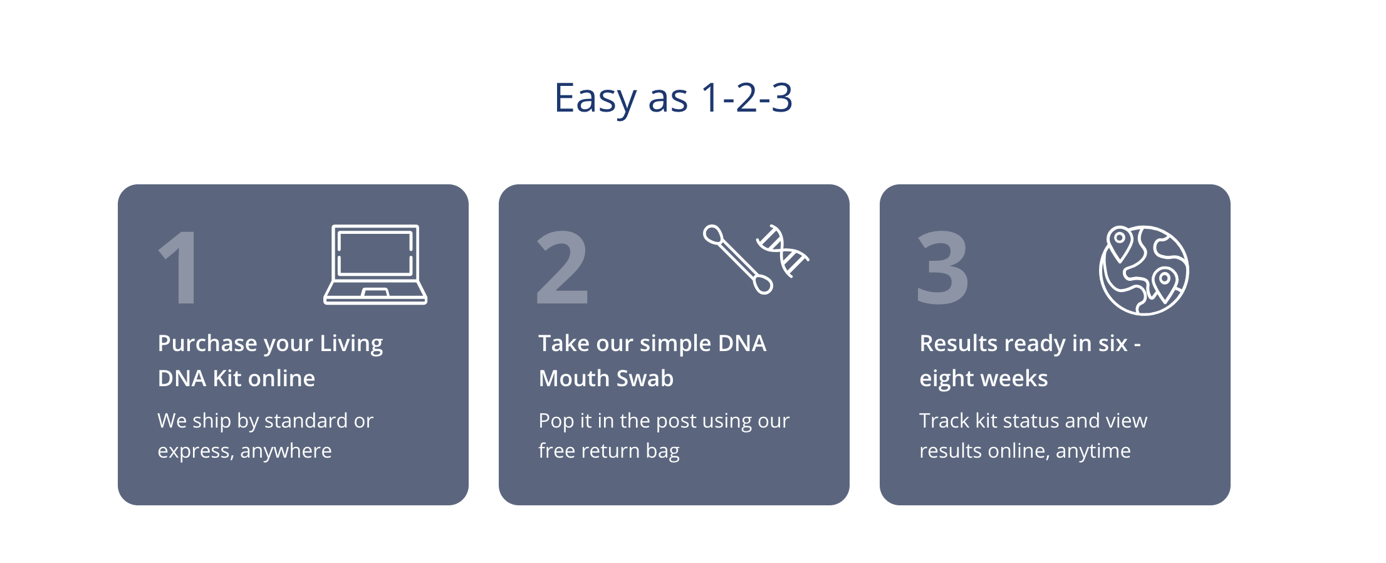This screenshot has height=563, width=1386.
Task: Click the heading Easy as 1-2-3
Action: tap(674, 98)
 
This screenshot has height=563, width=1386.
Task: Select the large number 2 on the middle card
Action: tap(563, 268)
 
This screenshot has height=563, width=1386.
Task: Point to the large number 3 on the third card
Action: tap(943, 268)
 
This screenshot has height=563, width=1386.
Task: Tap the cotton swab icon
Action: tap(738, 259)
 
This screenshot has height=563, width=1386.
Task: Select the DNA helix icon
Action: tap(783, 251)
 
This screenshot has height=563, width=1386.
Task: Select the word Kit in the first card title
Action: tap(227, 379)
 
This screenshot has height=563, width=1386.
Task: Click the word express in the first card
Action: tap(194, 451)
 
